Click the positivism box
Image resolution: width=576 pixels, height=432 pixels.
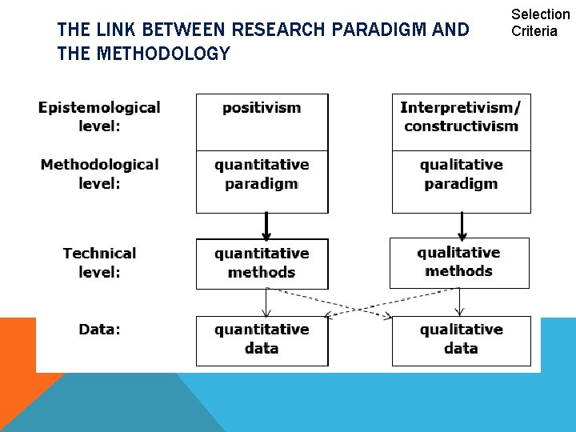coord(262,122)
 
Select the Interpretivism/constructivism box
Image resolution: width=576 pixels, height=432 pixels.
coord(461,122)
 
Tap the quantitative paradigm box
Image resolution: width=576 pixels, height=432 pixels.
coord(262,181)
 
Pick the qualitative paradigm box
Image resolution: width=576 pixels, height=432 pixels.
coord(461,181)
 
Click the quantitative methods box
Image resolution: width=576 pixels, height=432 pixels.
coord(262,263)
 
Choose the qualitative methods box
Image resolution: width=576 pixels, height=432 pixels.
coord(459,262)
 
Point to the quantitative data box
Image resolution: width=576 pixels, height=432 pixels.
coord(262,340)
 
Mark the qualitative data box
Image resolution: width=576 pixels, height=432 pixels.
coord(461,340)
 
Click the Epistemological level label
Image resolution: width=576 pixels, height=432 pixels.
coord(99,117)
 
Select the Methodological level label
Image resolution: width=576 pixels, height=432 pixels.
coord(99,174)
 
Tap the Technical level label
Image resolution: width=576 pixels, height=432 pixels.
coord(99,262)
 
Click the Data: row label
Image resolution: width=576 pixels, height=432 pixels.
coord(99,330)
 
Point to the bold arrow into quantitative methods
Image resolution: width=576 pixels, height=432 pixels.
coord(266,226)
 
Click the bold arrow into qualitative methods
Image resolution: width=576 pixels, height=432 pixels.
coord(462,225)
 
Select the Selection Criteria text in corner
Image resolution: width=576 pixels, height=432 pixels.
coord(540,22)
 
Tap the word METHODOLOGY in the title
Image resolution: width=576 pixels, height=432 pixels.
coord(162,54)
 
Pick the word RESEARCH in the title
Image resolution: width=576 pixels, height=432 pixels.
coord(278,30)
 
